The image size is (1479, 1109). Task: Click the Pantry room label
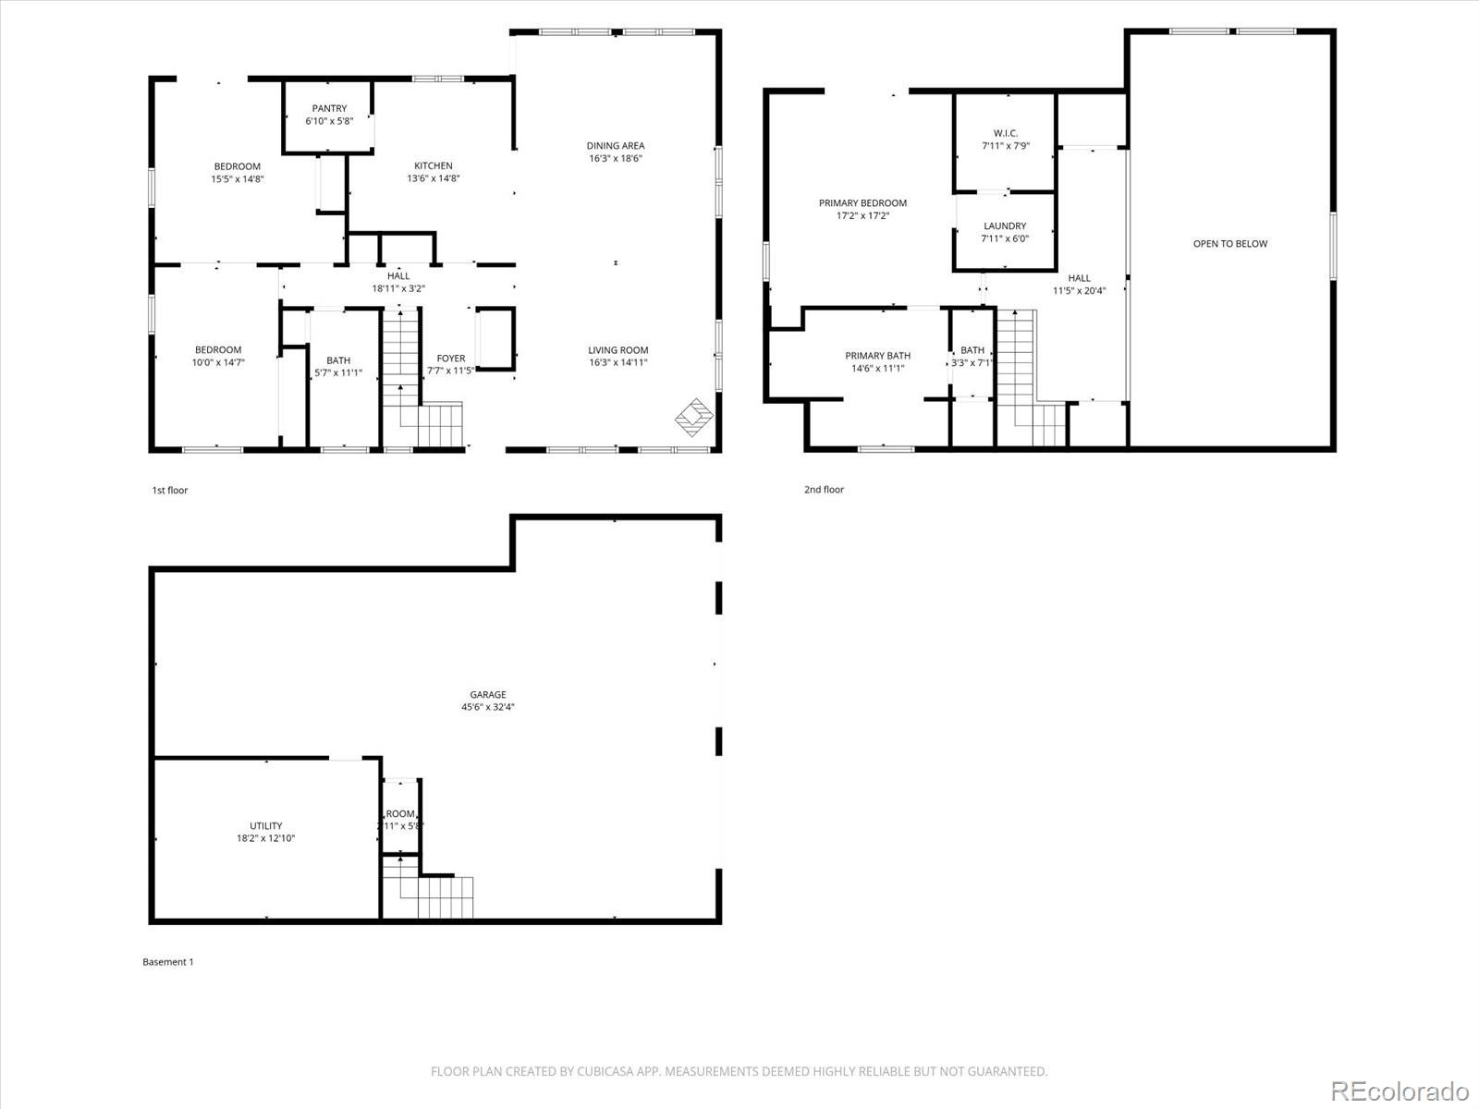coord(329,109)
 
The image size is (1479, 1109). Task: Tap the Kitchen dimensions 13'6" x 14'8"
coord(434,179)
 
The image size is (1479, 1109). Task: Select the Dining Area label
coord(616,146)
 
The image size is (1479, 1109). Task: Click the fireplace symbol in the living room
coord(693,418)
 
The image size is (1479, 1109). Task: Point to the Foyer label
coord(451,359)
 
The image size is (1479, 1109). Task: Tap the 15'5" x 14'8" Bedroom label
coord(238,167)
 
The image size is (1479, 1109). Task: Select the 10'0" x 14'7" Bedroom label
coord(218,350)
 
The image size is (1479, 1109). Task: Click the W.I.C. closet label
coord(1005,134)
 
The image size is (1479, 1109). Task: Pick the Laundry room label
coord(1005,226)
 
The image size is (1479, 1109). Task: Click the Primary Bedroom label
coord(862,203)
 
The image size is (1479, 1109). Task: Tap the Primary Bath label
coord(877,356)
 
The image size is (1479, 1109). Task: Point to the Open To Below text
coord(1230,244)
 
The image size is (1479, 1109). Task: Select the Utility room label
coord(266,826)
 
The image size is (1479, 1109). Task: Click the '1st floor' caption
coord(170,490)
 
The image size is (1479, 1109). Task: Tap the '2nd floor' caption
coord(824,490)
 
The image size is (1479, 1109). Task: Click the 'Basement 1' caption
coord(168,962)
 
